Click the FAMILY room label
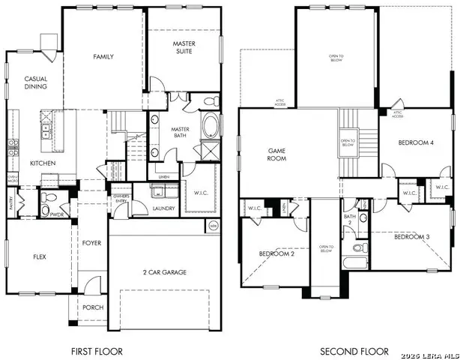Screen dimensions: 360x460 (x=103, y=57)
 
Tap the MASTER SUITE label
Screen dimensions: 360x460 (x=184, y=48)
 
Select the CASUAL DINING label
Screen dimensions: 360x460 (x=36, y=82)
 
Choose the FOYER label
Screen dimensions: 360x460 (x=91, y=242)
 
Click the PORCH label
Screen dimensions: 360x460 (x=93, y=307)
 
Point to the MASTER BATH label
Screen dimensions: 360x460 (x=180, y=133)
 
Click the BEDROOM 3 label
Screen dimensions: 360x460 (x=411, y=237)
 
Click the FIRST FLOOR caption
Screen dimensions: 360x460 (x=97, y=350)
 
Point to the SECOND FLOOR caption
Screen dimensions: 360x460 (x=354, y=350)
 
